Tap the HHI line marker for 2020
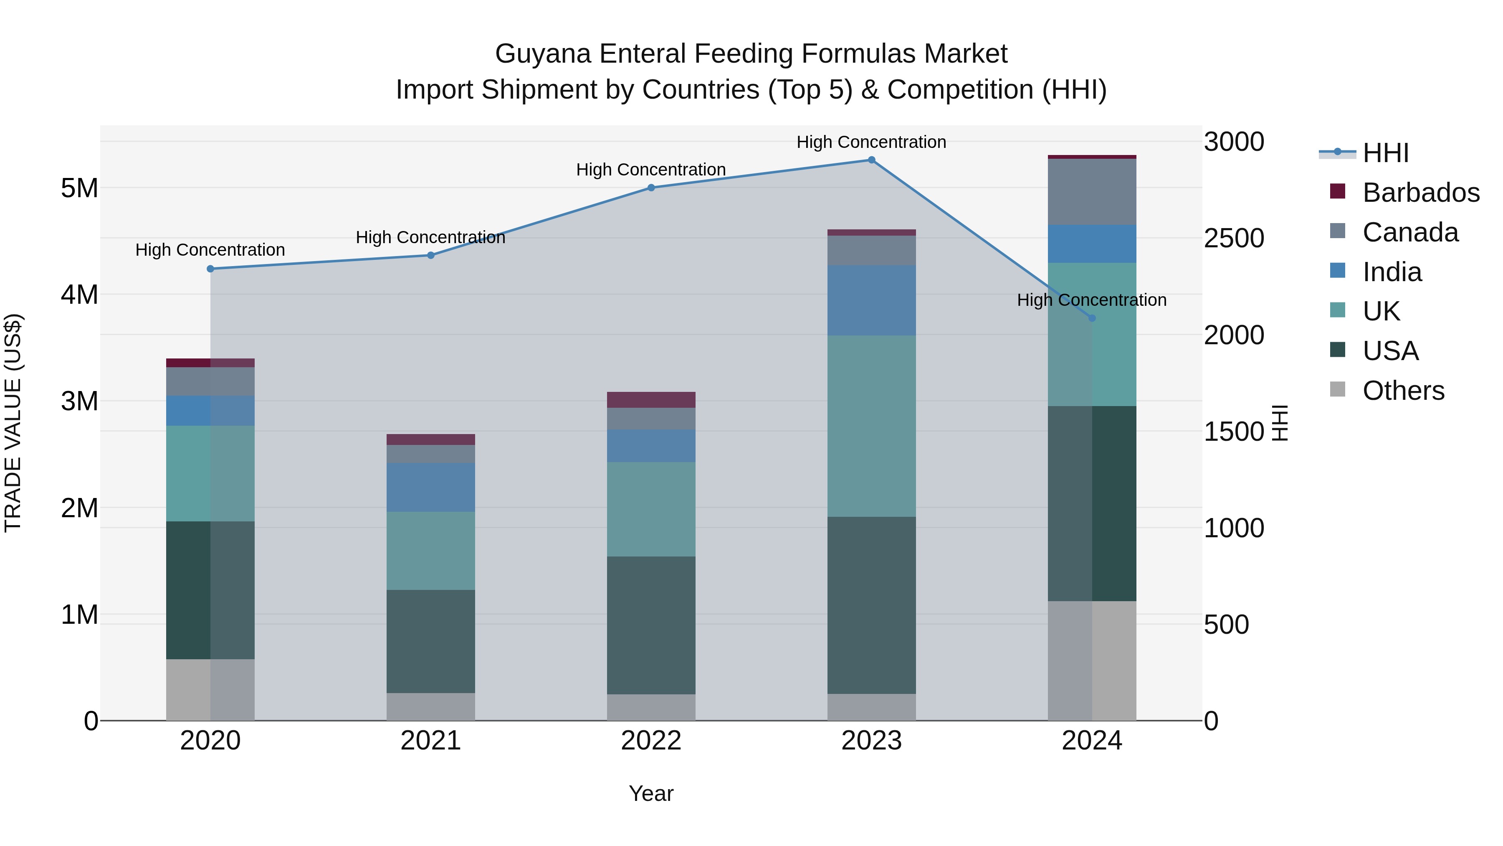coord(211,269)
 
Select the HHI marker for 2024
coord(1092,318)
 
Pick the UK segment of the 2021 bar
coord(430,551)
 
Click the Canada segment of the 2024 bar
coord(1092,191)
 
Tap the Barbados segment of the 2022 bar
coord(651,399)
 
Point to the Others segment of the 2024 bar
coord(1092,661)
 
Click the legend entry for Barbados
coord(1420,193)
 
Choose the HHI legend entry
coord(1385,153)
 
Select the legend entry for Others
coord(1403,391)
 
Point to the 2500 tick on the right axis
coord(1233,238)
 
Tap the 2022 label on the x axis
coord(651,741)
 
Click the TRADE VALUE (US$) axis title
coord(13,423)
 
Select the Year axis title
coord(651,793)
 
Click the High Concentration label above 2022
coord(651,170)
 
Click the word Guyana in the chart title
coord(543,54)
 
